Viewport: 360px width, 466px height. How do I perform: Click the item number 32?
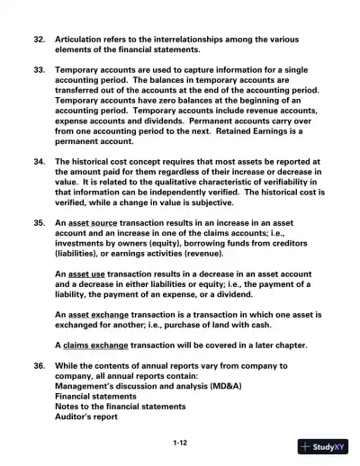(x=39, y=40)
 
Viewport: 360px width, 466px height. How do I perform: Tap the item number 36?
(x=39, y=366)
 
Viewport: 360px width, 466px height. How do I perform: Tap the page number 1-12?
(x=180, y=444)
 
